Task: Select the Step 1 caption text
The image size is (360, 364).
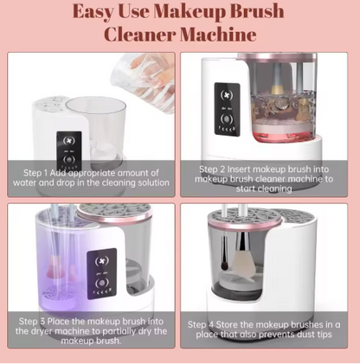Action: coord(92,178)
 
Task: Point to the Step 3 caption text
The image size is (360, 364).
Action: coord(92,329)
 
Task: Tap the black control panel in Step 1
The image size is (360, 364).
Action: coord(68,152)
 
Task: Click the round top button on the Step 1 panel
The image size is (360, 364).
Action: coord(68,142)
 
